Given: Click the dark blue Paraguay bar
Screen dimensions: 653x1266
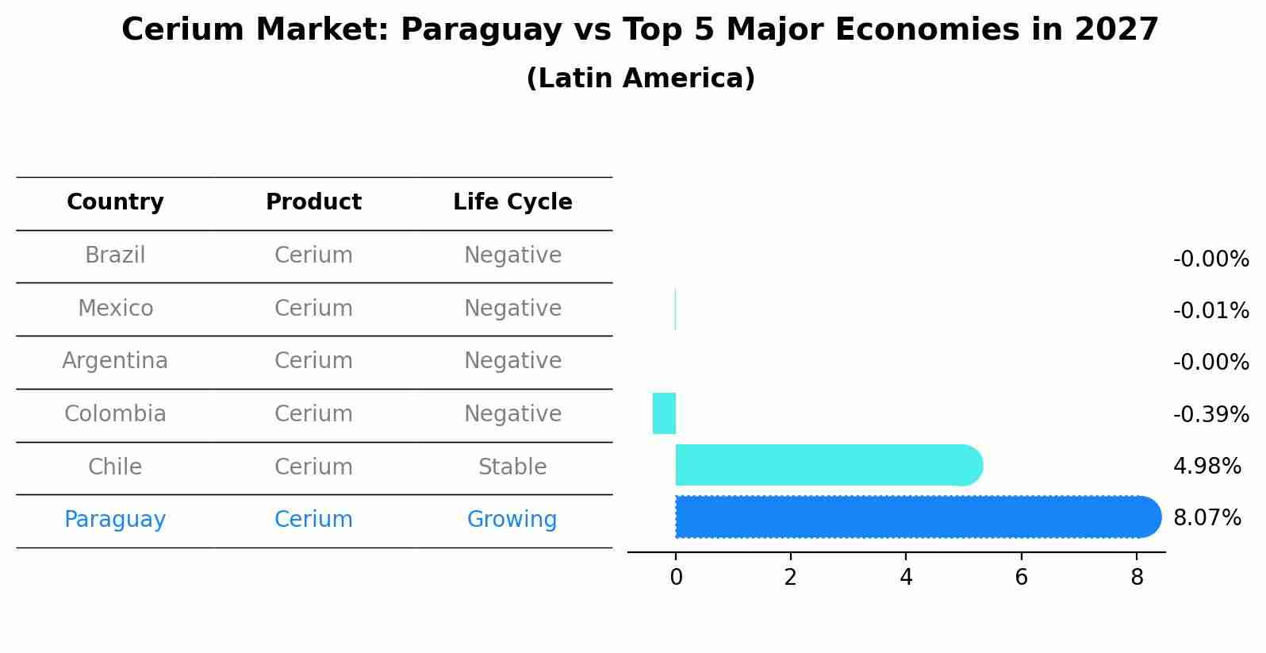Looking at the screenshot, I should (x=912, y=517).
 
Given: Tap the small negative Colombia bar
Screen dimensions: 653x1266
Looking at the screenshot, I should (x=664, y=413).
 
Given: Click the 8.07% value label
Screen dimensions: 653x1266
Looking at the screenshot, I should (x=1207, y=518).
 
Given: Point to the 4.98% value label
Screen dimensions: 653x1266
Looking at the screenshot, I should (x=1207, y=466).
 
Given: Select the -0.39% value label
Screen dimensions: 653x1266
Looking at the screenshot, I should (x=1210, y=414).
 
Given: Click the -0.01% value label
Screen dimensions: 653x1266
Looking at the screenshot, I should (x=1210, y=310).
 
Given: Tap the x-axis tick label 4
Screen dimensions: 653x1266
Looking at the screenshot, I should (x=906, y=578).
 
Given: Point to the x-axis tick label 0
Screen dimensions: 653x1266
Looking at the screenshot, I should (x=676, y=578).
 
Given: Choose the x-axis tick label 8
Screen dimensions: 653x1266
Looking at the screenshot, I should (x=1137, y=578).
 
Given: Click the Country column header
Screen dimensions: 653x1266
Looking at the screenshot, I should (x=115, y=202).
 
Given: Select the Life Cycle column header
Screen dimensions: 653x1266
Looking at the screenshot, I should (x=512, y=202).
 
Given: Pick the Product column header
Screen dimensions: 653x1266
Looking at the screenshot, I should (x=313, y=202).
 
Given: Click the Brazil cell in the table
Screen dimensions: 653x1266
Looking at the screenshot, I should (x=115, y=255).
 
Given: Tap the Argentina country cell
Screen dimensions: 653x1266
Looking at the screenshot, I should (x=115, y=361).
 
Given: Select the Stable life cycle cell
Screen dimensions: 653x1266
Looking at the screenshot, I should (x=512, y=467).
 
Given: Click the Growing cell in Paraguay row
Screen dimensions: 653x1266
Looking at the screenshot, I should (x=512, y=520).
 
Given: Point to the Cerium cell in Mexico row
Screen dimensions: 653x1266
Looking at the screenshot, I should (x=313, y=308).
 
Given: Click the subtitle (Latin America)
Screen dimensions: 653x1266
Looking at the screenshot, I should (x=640, y=79).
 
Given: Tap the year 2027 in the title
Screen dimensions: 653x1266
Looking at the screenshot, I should (x=1117, y=30).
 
